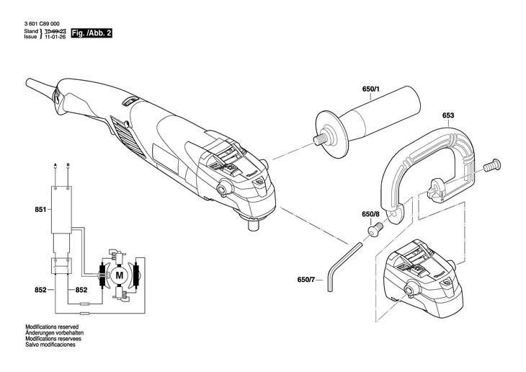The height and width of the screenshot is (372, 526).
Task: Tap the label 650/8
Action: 370,215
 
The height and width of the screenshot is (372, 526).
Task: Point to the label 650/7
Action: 306,279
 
